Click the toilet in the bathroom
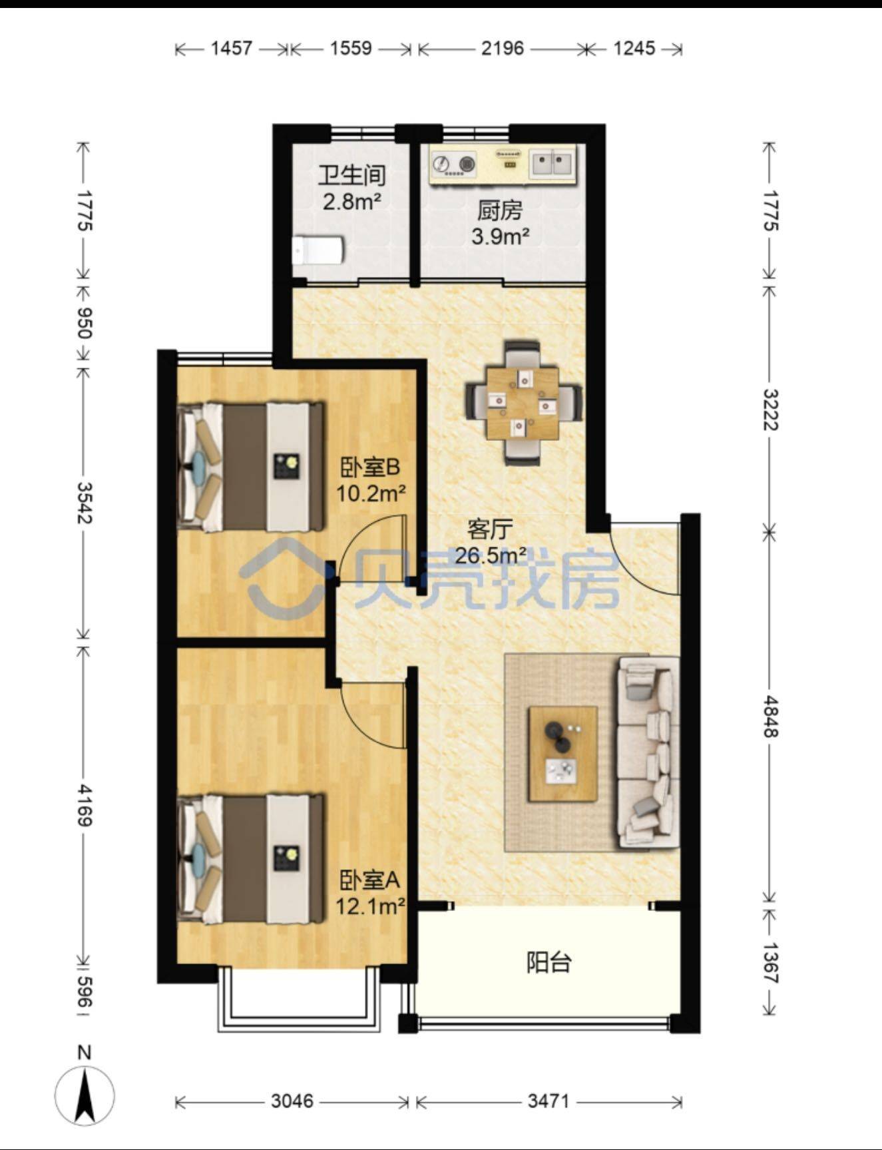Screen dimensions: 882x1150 pos(319,250)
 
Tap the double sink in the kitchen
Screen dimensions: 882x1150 pos(552,164)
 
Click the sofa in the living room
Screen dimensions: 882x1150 pos(648,752)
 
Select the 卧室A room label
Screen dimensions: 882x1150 pos(369,881)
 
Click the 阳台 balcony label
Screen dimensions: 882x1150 pos(549,962)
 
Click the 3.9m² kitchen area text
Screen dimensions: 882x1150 pos(501,236)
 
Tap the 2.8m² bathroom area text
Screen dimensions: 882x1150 pos(352,200)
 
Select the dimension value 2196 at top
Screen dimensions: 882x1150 pos(503,49)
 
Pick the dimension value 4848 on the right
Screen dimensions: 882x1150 pos(770,717)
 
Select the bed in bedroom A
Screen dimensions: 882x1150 pos(251,859)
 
